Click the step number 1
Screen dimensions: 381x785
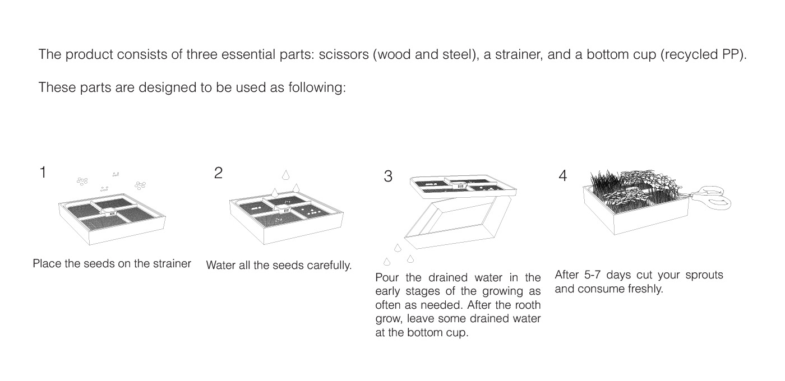pos(43,173)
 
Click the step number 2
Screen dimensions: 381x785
pos(218,173)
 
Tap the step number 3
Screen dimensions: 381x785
pos(388,176)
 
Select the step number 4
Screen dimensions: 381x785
pos(563,176)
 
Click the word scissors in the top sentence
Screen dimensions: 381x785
pos(343,55)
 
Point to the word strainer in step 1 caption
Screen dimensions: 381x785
pos(170,264)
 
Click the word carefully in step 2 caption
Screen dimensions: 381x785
pos(328,266)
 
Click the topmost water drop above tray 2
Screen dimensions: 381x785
pos(285,175)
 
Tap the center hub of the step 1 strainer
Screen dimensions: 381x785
pos(109,212)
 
